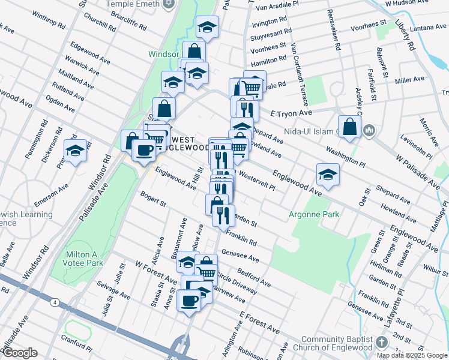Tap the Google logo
tap(20, 353)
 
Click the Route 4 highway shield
tap(55, 302)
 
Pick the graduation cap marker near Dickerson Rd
tap(76, 151)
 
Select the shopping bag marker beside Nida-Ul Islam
tap(351, 127)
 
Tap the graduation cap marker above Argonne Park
tap(328, 175)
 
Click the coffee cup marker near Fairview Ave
tap(190, 301)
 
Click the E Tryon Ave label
tap(291, 113)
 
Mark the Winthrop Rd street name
tap(49, 19)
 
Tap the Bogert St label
tap(152, 199)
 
